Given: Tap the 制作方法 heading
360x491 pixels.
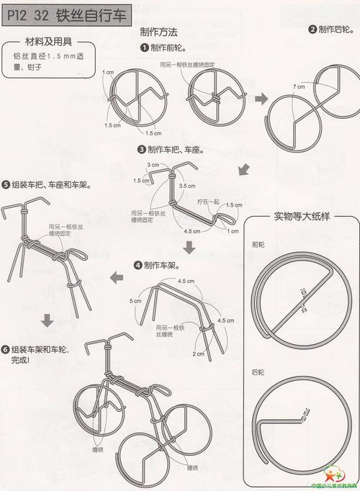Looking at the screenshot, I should (x=161, y=32).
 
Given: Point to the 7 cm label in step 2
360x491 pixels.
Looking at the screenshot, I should (x=297, y=86).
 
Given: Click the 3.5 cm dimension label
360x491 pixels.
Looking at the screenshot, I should (x=187, y=186).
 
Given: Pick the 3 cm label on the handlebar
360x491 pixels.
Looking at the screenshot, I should (x=153, y=165).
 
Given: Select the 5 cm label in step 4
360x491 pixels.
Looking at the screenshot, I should (x=135, y=300).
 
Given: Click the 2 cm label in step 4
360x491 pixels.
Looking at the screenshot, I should (x=197, y=353).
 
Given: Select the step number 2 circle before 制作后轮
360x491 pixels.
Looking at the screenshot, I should (x=312, y=30).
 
